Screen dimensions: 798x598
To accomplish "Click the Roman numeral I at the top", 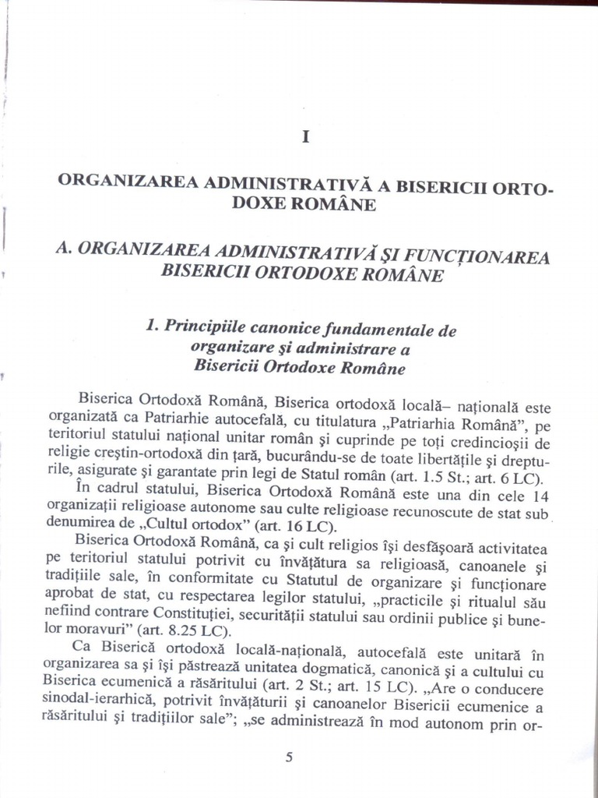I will (x=306, y=136).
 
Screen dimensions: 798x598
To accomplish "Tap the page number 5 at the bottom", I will (x=290, y=756).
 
